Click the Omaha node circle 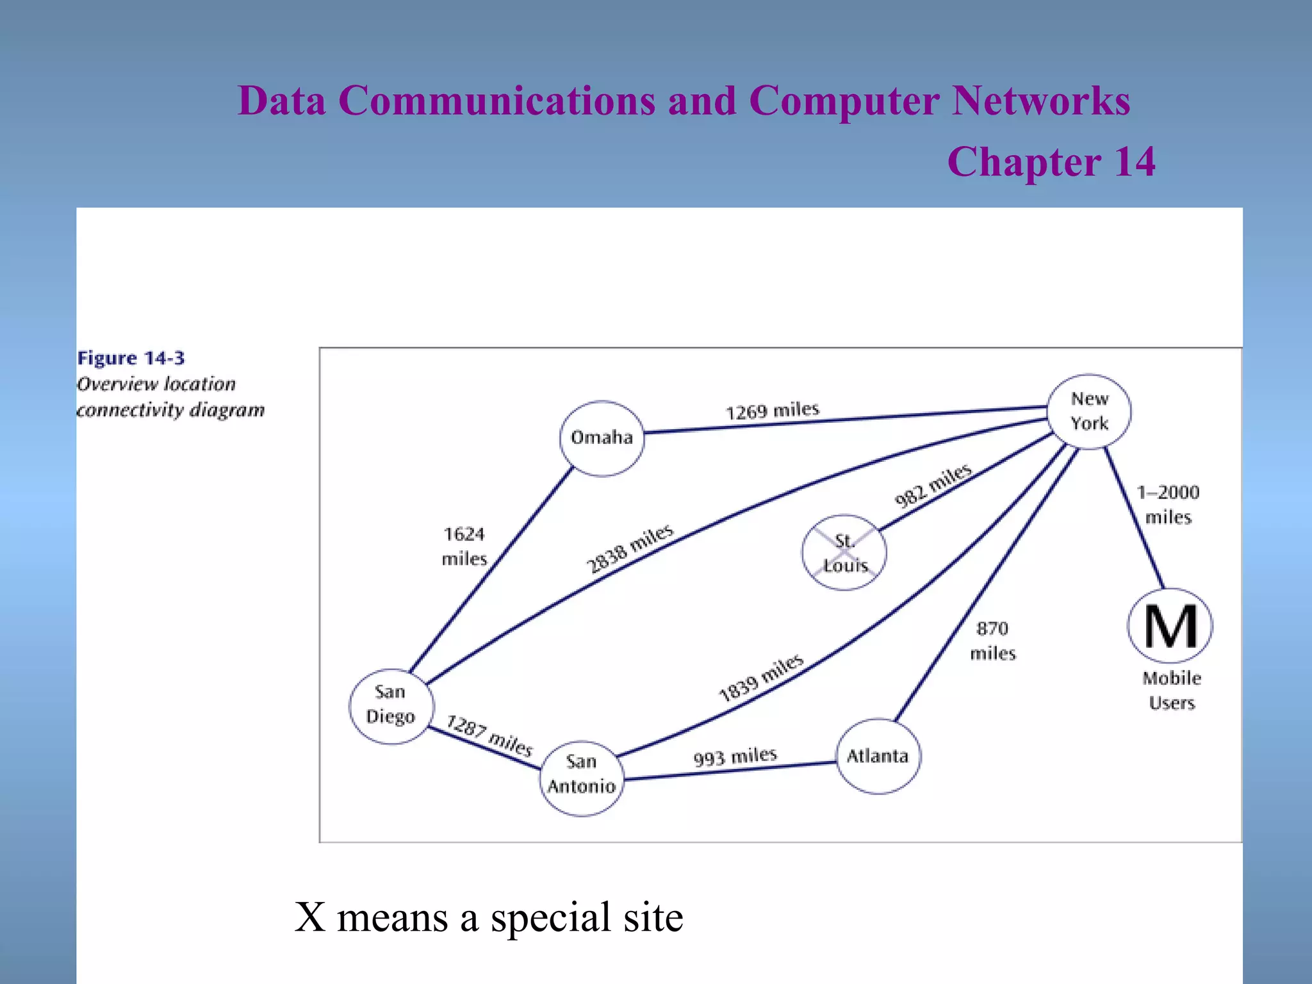click(x=602, y=438)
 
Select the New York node click(x=1089, y=411)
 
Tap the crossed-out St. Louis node click(x=844, y=552)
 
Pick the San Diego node click(x=391, y=705)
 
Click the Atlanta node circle click(x=878, y=757)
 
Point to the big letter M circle click(x=1170, y=626)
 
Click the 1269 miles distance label click(x=772, y=411)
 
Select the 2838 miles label click(x=630, y=549)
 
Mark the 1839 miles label click(x=760, y=678)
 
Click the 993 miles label click(x=735, y=757)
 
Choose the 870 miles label click(x=992, y=641)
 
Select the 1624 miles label click(x=464, y=546)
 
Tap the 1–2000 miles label click(x=1168, y=505)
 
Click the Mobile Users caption click(x=1172, y=691)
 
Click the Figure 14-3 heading click(x=131, y=358)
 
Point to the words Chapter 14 click(x=1051, y=161)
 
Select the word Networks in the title click(x=1041, y=101)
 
